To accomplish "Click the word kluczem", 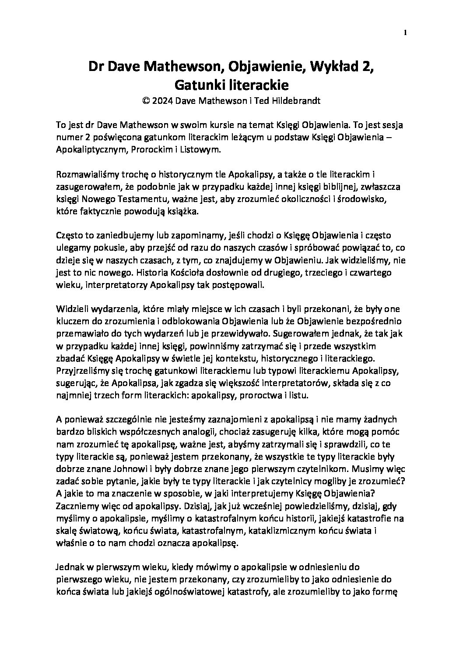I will [72, 322].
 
